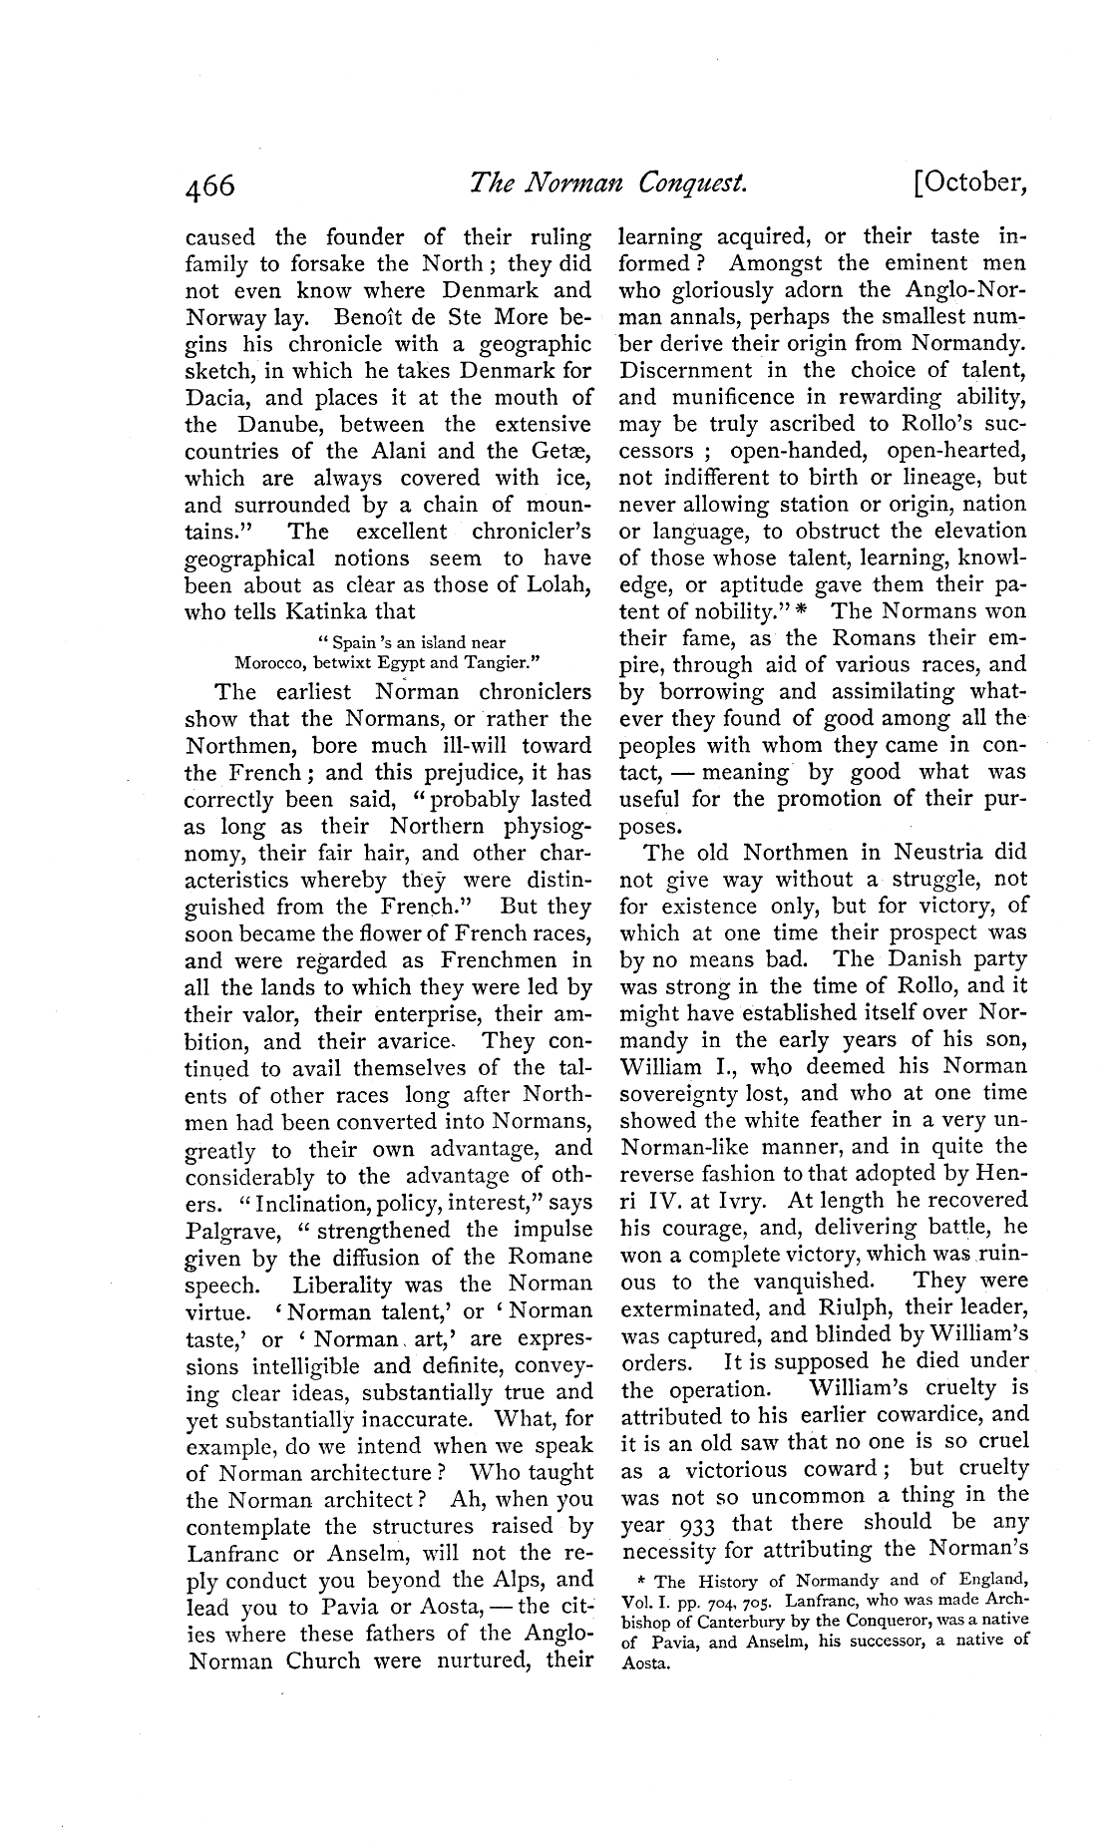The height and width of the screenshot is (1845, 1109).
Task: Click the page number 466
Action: [209, 186]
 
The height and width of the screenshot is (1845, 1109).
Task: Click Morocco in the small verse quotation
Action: [271, 661]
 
